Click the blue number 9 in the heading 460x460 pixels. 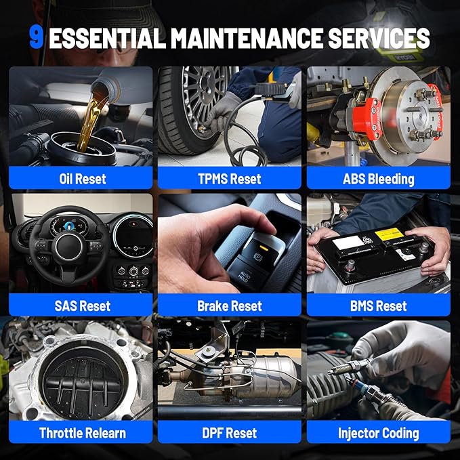coord(36,38)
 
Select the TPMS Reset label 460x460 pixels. coord(230,179)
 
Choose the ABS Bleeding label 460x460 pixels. coord(378,179)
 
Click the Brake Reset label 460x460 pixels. coord(230,306)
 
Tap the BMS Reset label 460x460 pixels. coord(378,306)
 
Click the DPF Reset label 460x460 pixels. coord(230,432)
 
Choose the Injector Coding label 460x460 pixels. coord(378,432)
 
